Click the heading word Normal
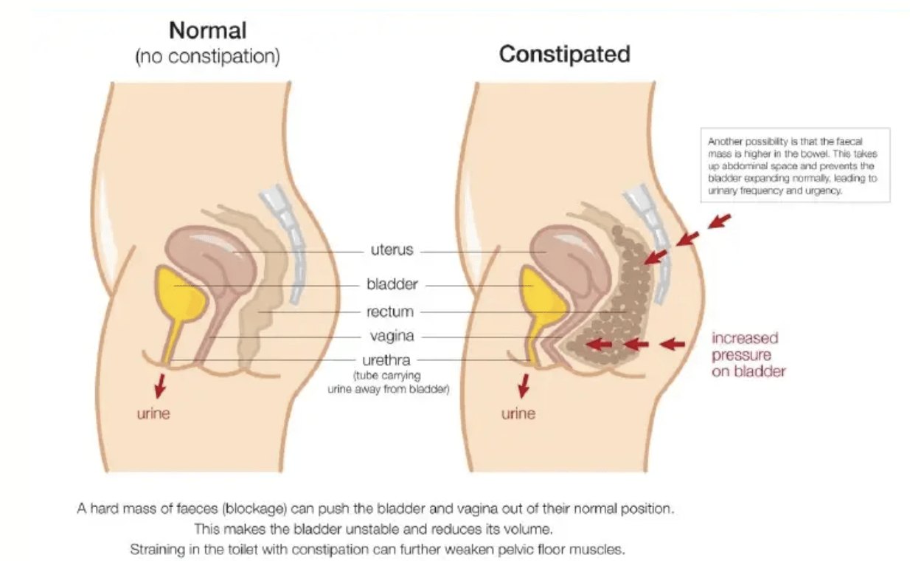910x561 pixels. [208, 31]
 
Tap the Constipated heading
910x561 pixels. [564, 54]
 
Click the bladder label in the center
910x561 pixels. [392, 284]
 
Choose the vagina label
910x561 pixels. [392, 337]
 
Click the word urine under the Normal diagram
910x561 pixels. [153, 413]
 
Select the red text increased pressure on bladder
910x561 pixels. [748, 354]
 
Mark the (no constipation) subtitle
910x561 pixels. [208, 58]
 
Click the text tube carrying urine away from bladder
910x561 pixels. [389, 382]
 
